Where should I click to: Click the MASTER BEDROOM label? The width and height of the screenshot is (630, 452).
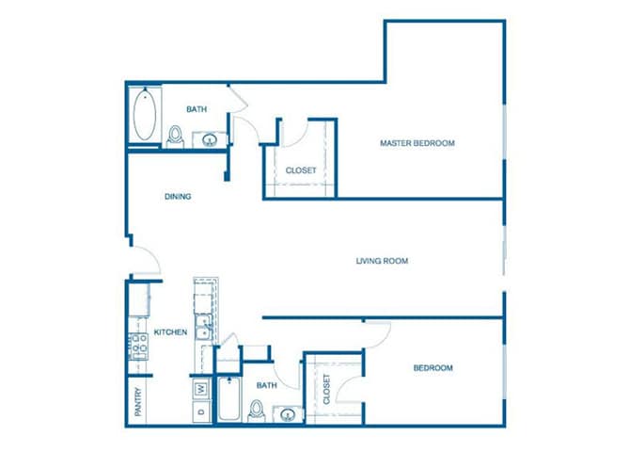417,143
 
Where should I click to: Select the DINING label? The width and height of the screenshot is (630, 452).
178,197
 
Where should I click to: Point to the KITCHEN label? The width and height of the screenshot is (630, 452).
170,332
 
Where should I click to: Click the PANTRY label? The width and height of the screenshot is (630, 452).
138,403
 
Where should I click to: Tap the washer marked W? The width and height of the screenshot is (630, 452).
201,388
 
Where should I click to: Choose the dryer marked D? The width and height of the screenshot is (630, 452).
201,412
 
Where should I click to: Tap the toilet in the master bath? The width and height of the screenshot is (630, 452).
176,137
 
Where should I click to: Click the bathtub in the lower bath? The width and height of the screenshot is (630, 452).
226,401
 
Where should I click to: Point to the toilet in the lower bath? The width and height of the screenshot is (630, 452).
256,410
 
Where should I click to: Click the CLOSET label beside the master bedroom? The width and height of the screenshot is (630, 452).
301,170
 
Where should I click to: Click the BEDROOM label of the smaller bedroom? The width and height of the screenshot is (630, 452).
433,368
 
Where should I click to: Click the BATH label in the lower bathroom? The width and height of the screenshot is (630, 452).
267,385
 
